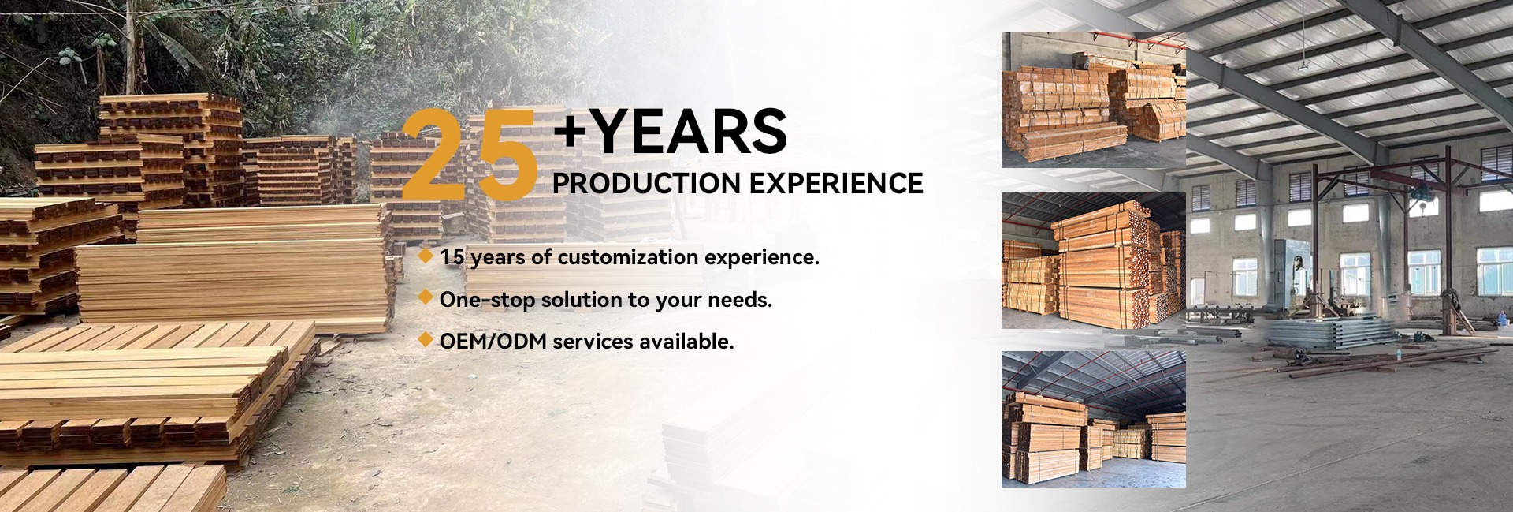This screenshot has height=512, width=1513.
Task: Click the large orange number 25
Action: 470,153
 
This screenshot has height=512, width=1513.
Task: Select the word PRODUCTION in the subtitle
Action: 645,183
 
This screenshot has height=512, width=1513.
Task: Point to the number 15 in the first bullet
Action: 452,257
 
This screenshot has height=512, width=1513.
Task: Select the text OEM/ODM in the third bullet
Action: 481,342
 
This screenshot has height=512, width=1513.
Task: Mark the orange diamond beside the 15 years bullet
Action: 426,256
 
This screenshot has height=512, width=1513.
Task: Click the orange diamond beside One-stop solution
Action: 426,297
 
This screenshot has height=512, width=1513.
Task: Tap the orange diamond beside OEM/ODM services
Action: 426,339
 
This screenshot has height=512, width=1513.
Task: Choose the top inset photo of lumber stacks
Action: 1094,99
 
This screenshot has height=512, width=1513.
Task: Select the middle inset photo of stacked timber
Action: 1094,260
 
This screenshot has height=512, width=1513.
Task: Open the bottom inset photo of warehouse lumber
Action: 1094,419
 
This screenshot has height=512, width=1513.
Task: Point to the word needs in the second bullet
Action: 740,301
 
